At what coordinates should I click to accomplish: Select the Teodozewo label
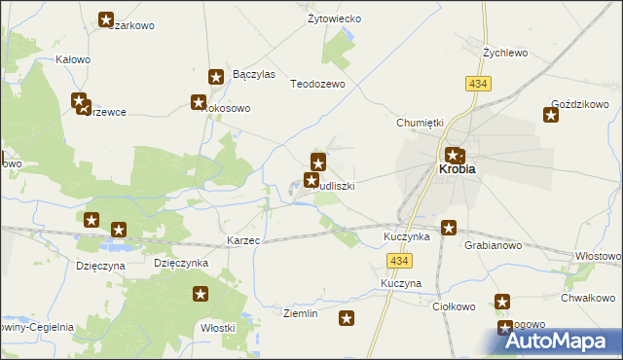318,85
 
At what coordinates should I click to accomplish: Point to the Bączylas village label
255,74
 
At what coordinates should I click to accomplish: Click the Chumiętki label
420,123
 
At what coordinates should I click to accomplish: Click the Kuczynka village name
407,236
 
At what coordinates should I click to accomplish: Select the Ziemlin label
300,313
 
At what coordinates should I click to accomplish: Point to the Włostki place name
218,328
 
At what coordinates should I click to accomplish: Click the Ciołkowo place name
453,306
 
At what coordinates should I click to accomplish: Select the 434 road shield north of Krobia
478,85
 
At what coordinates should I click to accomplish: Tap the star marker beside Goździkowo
550,117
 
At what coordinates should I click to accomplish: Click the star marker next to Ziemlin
346,317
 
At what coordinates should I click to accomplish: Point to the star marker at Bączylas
217,76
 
